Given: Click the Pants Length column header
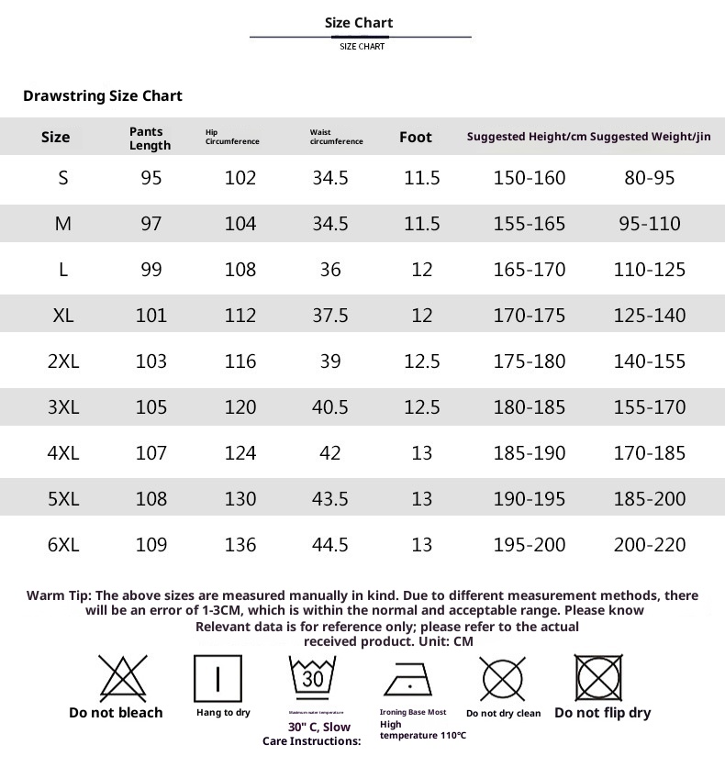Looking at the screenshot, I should coord(150,139).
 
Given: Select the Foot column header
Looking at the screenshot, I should coord(415,138).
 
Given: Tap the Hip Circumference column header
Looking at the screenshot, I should coord(232,138).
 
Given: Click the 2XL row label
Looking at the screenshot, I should coord(63,361).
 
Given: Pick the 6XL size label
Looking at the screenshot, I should coord(63,545).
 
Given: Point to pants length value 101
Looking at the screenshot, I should coord(151,316).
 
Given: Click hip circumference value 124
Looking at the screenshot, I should coord(240,453).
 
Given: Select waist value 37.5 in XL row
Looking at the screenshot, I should coord(330,316).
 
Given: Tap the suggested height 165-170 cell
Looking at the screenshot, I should coord(530,270).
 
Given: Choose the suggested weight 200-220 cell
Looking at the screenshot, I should coord(650,545).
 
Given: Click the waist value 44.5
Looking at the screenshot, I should coord(330,545).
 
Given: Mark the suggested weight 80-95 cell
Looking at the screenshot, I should coord(650,178).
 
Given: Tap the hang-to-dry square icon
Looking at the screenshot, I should coord(217,679).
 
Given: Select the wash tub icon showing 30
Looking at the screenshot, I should coord(313,679).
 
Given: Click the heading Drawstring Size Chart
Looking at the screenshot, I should coord(103,96).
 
